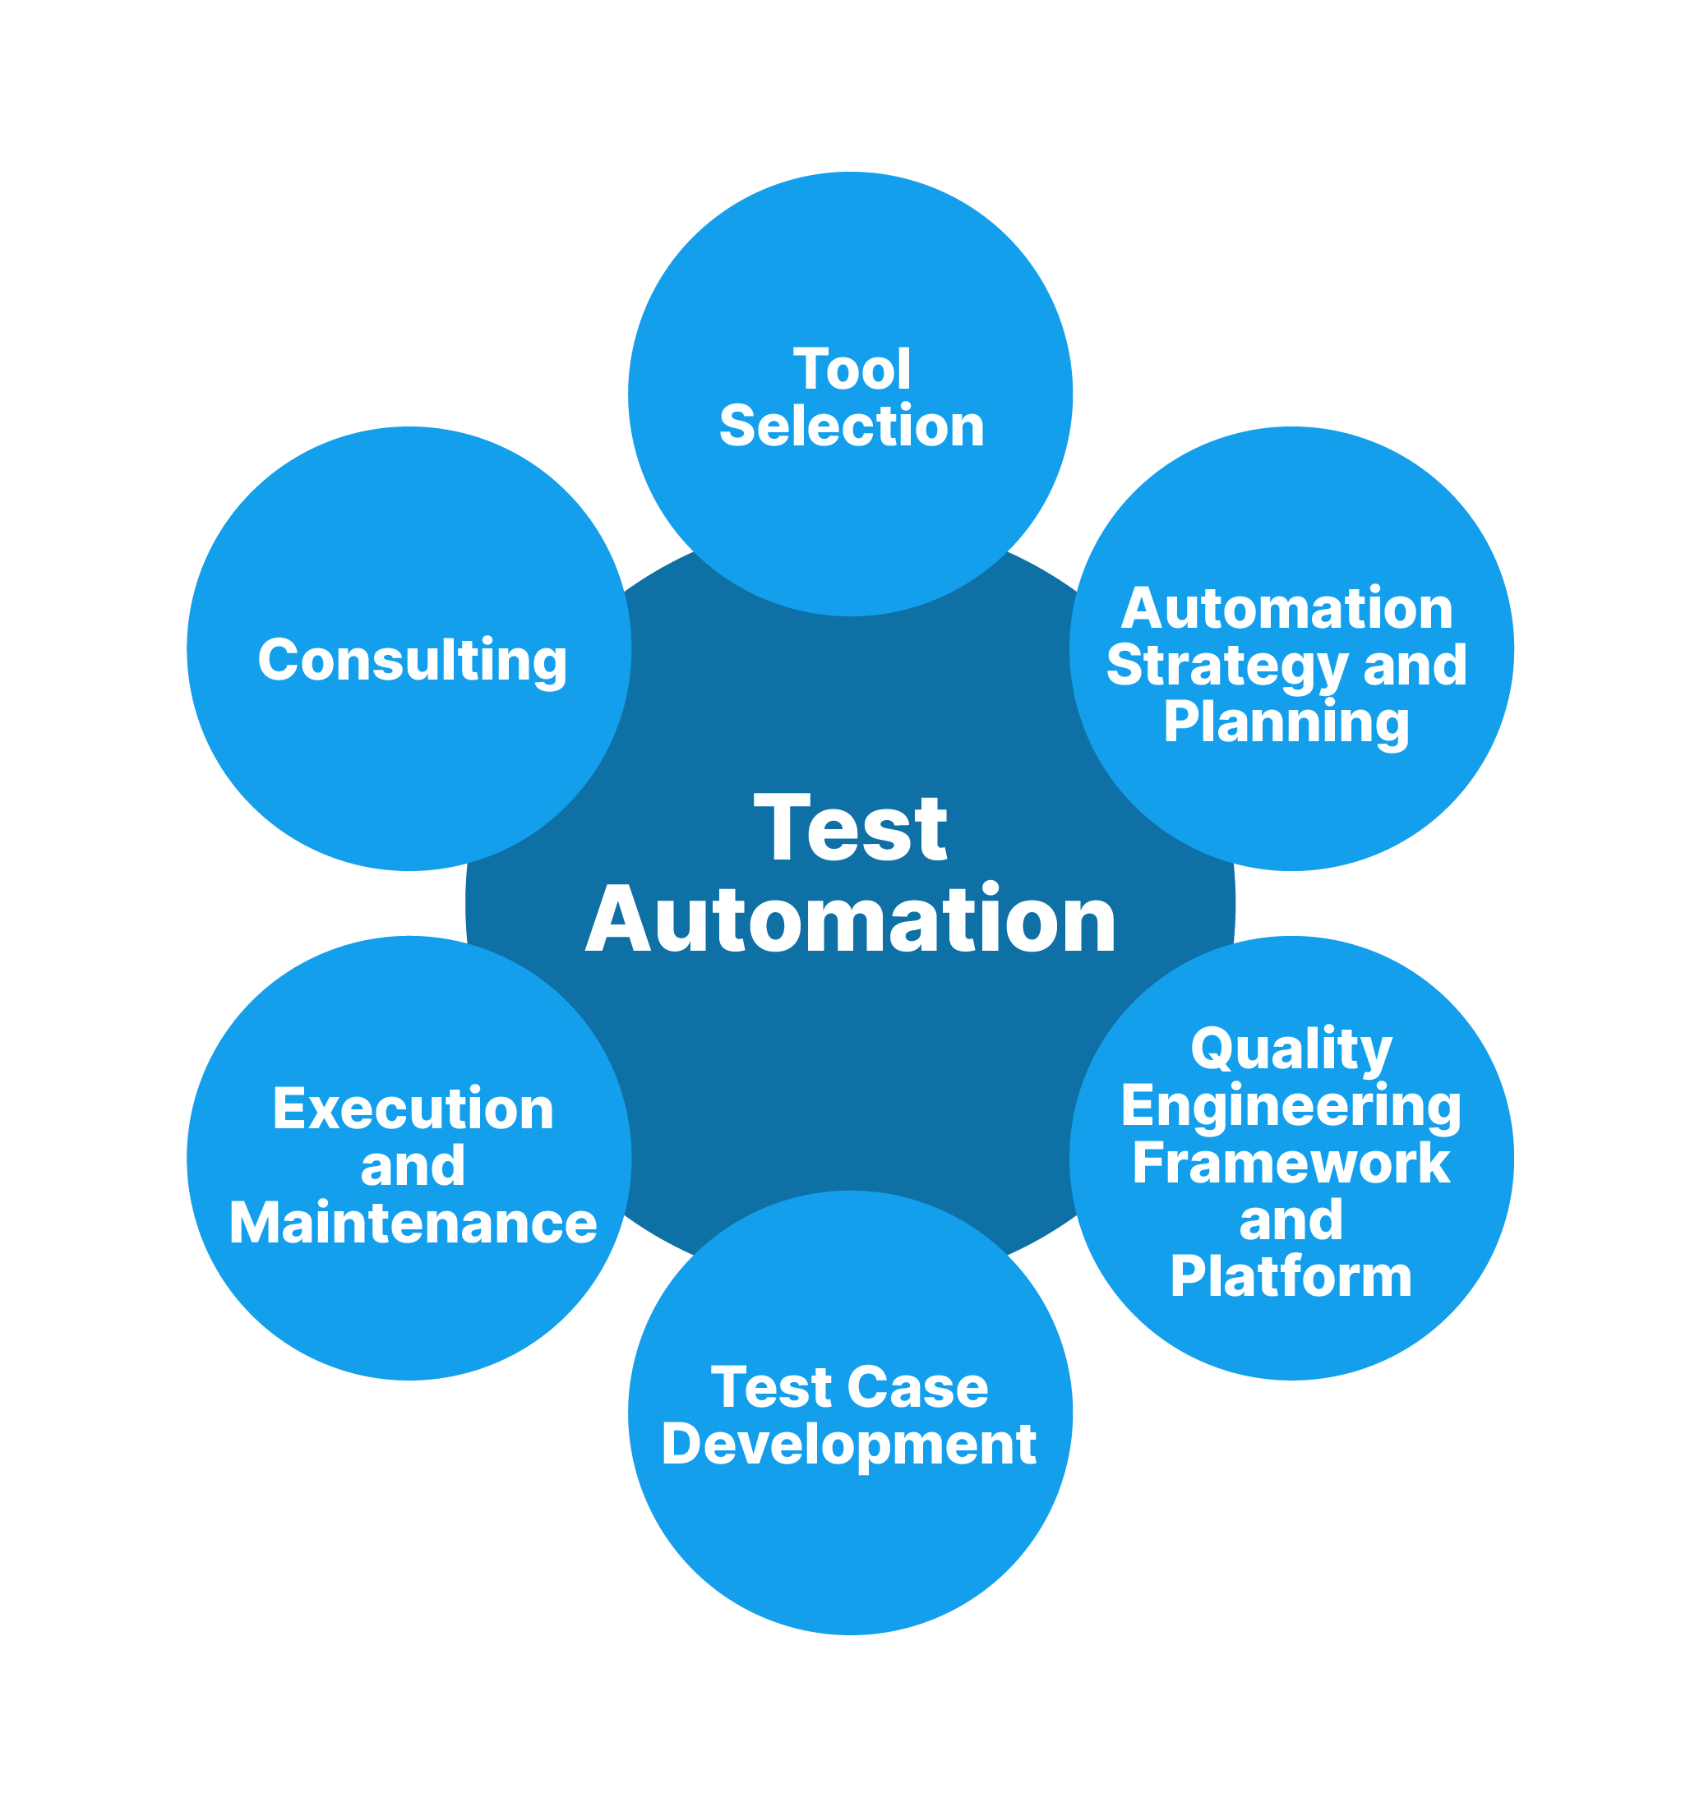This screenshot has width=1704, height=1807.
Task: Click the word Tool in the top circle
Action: click(x=851, y=369)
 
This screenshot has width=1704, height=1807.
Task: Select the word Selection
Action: click(x=851, y=426)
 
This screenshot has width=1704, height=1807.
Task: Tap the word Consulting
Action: click(x=412, y=660)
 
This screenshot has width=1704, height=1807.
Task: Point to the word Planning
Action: click(x=1286, y=723)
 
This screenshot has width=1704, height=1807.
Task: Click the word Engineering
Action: click(x=1291, y=1107)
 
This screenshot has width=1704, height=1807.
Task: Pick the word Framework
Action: click(x=1291, y=1164)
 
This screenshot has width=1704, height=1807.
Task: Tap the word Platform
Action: click(x=1291, y=1276)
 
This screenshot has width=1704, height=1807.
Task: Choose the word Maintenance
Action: click(x=413, y=1224)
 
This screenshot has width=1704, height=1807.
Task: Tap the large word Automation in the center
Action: click(x=851, y=921)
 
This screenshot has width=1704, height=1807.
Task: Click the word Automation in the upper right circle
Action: click(x=1286, y=608)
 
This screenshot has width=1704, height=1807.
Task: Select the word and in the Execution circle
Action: click(x=413, y=1166)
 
